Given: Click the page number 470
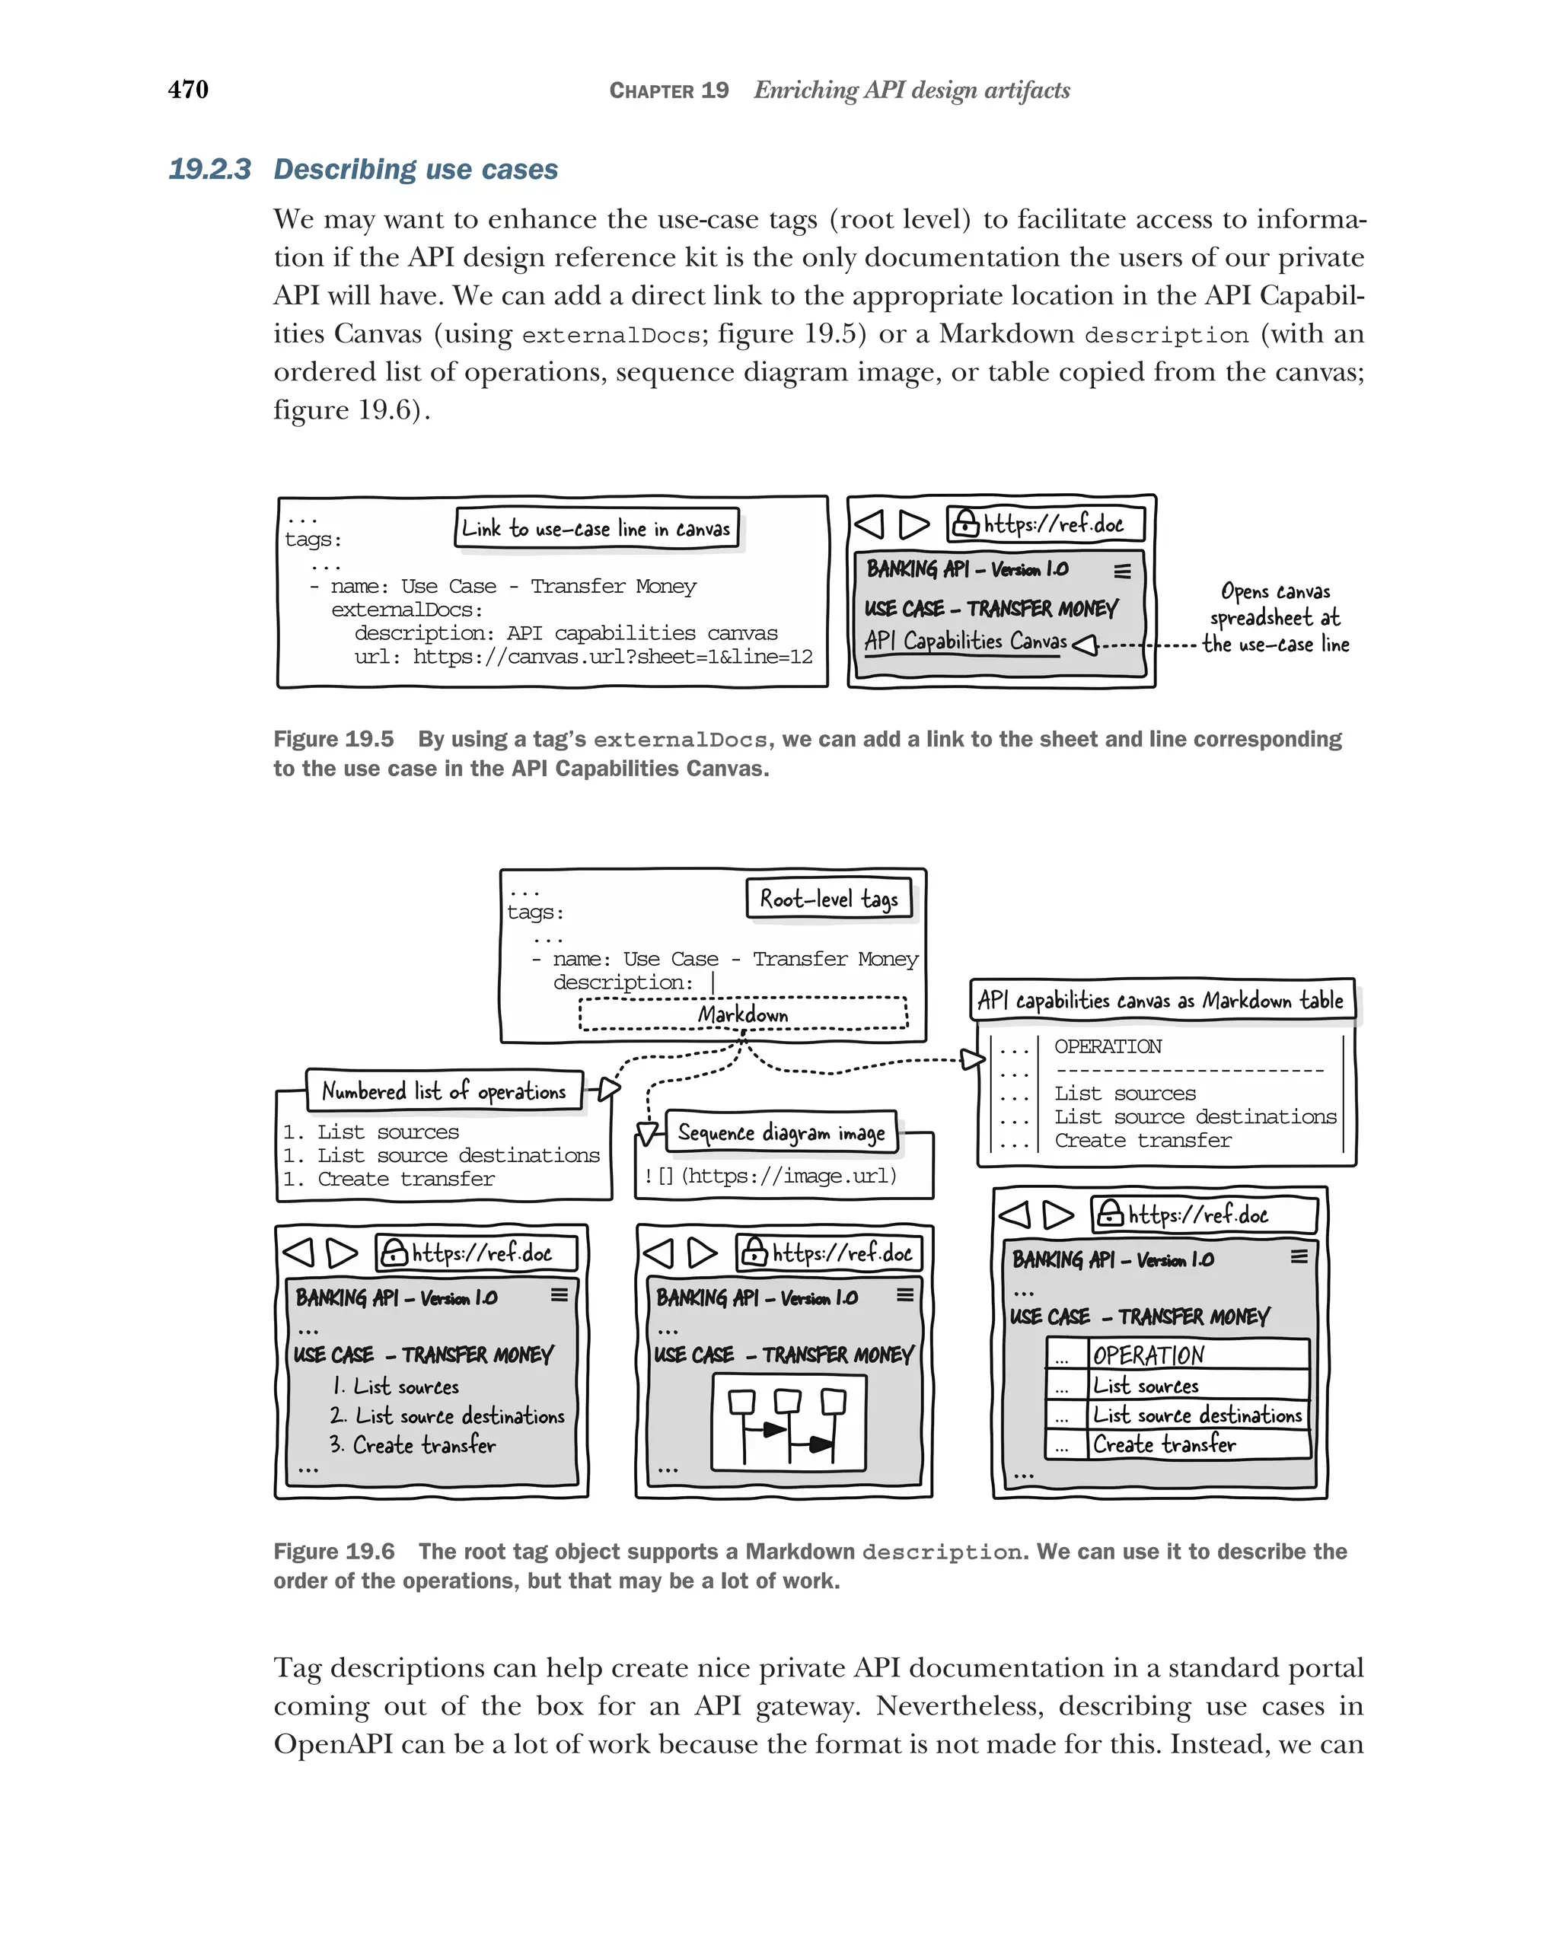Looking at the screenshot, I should pos(188,89).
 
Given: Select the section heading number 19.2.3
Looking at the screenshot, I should pos(209,170).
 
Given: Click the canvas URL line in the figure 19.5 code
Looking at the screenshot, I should pos(583,657).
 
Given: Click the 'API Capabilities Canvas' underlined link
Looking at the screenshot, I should pos(965,641).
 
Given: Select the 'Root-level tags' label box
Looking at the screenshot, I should pos(829,899).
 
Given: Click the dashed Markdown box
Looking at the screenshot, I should pos(743,1014).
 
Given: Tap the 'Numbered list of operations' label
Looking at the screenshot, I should pos(444,1091).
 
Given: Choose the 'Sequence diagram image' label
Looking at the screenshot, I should pos(781,1132).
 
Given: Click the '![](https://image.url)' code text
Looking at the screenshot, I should pos(770,1176).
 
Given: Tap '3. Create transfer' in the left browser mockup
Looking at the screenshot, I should pos(413,1445).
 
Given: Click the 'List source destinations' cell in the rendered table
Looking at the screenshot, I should pos(1196,1415).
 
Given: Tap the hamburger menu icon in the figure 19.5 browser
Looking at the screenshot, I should pos(1122,572).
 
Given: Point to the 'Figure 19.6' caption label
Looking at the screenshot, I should pos(333,1552).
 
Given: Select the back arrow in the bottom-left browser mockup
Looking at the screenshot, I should pos(298,1253).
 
